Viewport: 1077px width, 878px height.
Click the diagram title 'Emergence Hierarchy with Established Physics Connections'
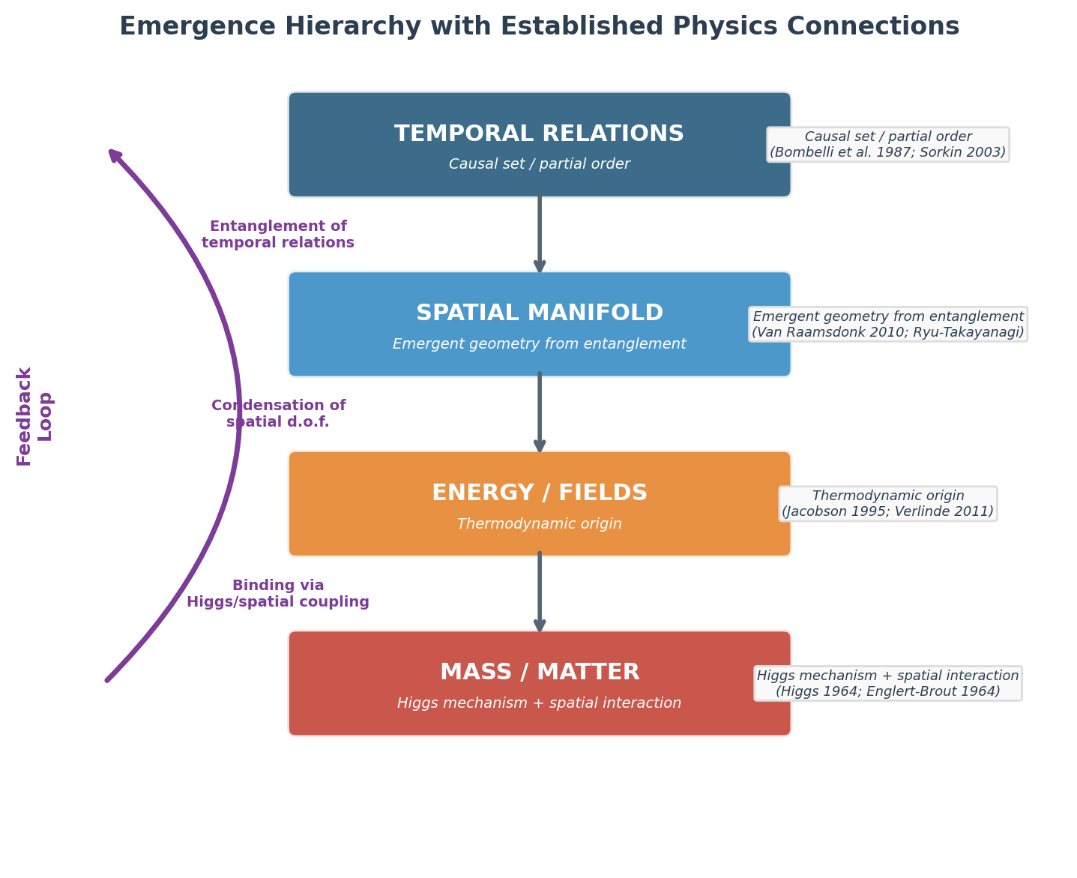[x=539, y=27]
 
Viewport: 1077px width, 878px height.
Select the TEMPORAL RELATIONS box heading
[x=539, y=134]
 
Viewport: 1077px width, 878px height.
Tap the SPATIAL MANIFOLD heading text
[x=539, y=313]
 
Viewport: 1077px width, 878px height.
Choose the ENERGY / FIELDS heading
[x=539, y=493]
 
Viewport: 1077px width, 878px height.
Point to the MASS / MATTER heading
[x=539, y=673]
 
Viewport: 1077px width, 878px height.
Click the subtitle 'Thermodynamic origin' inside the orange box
[x=539, y=524]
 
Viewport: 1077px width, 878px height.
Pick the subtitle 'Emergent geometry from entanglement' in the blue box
[x=539, y=344]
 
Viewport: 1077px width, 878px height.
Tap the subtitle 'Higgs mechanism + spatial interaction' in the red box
[x=539, y=703]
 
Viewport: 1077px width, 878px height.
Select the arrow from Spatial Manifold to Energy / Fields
[x=539, y=413]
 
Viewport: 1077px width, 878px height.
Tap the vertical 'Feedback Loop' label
[x=34, y=416]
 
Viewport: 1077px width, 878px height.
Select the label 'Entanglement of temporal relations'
[x=278, y=235]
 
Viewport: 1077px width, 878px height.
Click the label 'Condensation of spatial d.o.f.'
[x=278, y=414]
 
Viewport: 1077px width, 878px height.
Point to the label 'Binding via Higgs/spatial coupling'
[x=278, y=594]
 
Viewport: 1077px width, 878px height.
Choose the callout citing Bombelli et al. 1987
[x=887, y=145]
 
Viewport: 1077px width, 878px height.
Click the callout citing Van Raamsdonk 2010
[x=887, y=324]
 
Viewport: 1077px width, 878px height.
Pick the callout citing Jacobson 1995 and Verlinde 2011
[x=887, y=504]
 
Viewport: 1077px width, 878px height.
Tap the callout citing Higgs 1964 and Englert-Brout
[x=887, y=683]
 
